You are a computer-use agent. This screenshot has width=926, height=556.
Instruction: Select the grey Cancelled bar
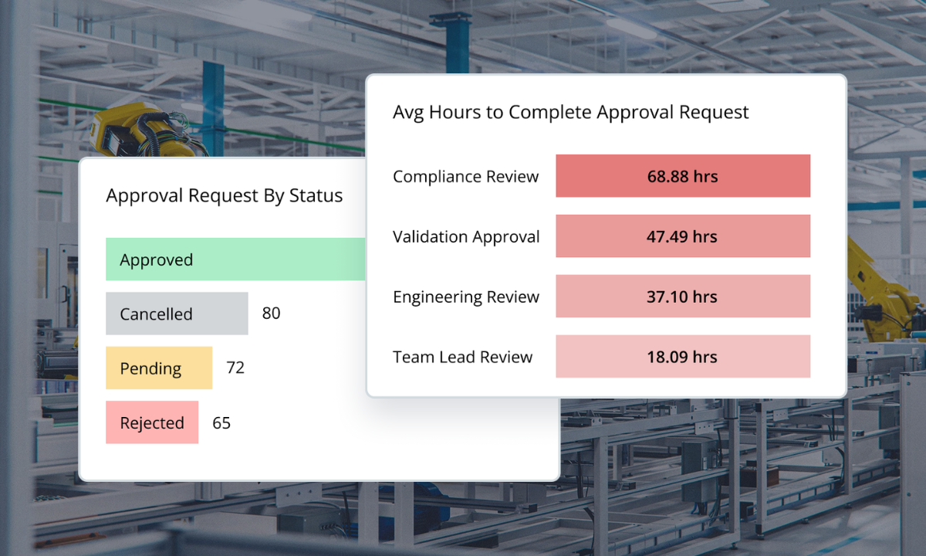pyautogui.click(x=177, y=314)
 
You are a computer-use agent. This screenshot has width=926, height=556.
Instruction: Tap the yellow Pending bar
pyautogui.click(x=158, y=368)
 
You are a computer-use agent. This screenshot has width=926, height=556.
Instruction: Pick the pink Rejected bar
pyautogui.click(x=152, y=422)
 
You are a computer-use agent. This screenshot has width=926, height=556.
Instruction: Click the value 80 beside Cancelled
pyautogui.click(x=271, y=314)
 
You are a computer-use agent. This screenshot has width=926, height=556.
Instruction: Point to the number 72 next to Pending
pyautogui.click(x=235, y=368)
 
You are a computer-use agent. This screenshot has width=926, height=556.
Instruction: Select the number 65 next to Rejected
pyautogui.click(x=221, y=423)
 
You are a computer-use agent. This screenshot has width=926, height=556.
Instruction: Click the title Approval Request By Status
pyautogui.click(x=224, y=196)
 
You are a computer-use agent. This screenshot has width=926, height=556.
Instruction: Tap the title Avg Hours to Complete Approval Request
pyautogui.click(x=570, y=112)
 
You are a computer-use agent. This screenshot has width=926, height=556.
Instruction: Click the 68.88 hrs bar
pyautogui.click(x=682, y=176)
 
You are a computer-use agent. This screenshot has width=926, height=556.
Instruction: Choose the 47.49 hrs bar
pyautogui.click(x=682, y=236)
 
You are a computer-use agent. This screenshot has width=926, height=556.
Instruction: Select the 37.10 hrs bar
pyautogui.click(x=682, y=297)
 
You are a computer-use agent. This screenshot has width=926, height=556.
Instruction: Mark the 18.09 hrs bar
pyautogui.click(x=682, y=357)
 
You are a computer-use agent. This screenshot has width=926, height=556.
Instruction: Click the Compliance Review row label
pyautogui.click(x=465, y=177)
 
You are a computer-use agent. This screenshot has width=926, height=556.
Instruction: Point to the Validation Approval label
pyautogui.click(x=466, y=237)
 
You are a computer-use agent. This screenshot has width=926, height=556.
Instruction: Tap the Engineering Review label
pyautogui.click(x=465, y=297)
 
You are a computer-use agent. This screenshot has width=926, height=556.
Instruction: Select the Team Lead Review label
pyautogui.click(x=462, y=358)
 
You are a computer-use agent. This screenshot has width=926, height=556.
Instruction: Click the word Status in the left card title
pyautogui.click(x=316, y=196)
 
